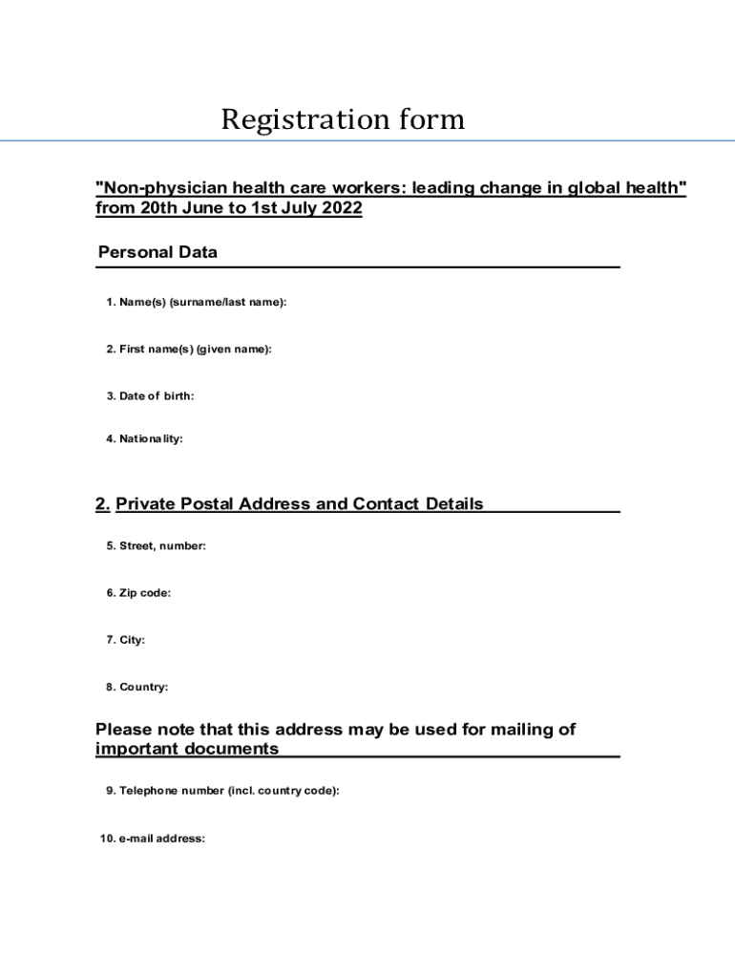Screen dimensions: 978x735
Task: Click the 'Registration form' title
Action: [x=343, y=120]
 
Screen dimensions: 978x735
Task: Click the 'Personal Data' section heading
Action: [x=157, y=252]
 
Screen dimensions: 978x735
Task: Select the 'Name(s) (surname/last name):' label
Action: [x=197, y=302]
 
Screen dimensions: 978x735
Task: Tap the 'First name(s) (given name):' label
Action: [x=189, y=350]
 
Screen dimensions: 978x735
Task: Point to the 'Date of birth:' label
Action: [x=151, y=395]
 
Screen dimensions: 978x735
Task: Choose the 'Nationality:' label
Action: [x=145, y=439]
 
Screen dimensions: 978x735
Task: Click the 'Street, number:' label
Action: [x=157, y=546]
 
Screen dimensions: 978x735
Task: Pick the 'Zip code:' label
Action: [x=139, y=593]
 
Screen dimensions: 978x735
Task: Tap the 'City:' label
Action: [x=126, y=640]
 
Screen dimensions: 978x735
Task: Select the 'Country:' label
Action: [x=137, y=687]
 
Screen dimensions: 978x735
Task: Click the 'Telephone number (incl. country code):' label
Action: [x=222, y=791]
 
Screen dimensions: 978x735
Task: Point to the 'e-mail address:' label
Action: [x=153, y=839]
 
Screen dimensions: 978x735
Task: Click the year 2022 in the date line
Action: [x=342, y=208]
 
